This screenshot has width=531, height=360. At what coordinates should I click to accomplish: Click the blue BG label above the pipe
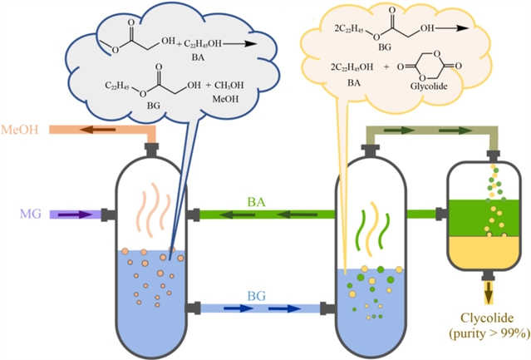[256, 295]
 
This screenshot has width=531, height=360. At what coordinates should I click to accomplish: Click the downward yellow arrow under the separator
[488, 289]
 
